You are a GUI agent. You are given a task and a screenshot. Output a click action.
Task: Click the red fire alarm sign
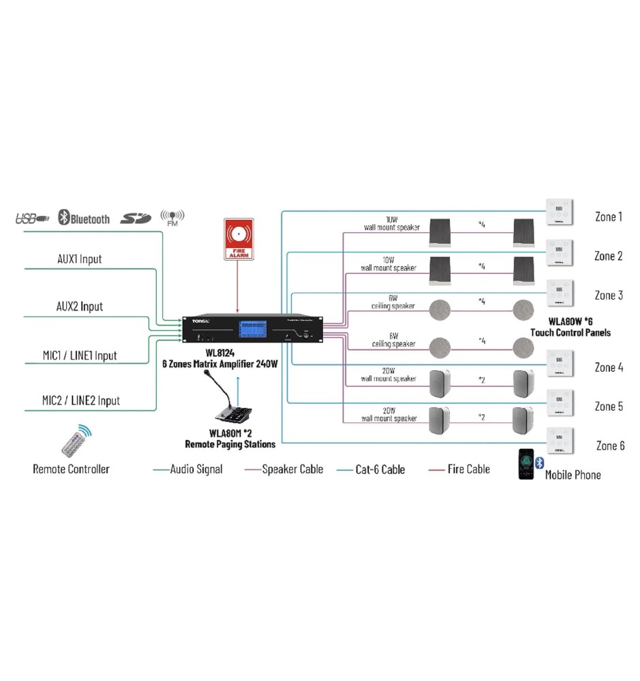coord(238,238)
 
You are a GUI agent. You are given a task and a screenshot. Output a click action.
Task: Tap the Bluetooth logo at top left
coord(84,218)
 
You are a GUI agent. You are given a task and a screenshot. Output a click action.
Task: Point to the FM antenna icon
coord(172,217)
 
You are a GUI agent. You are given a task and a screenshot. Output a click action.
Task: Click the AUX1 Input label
coord(79,259)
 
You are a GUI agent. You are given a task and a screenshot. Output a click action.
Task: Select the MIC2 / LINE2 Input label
coord(81,400)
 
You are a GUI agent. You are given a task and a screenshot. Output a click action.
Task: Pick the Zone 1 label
coord(609,217)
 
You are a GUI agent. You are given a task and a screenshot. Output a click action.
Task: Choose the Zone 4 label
coord(609,368)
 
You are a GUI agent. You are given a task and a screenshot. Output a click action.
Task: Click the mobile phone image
coord(526,464)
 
